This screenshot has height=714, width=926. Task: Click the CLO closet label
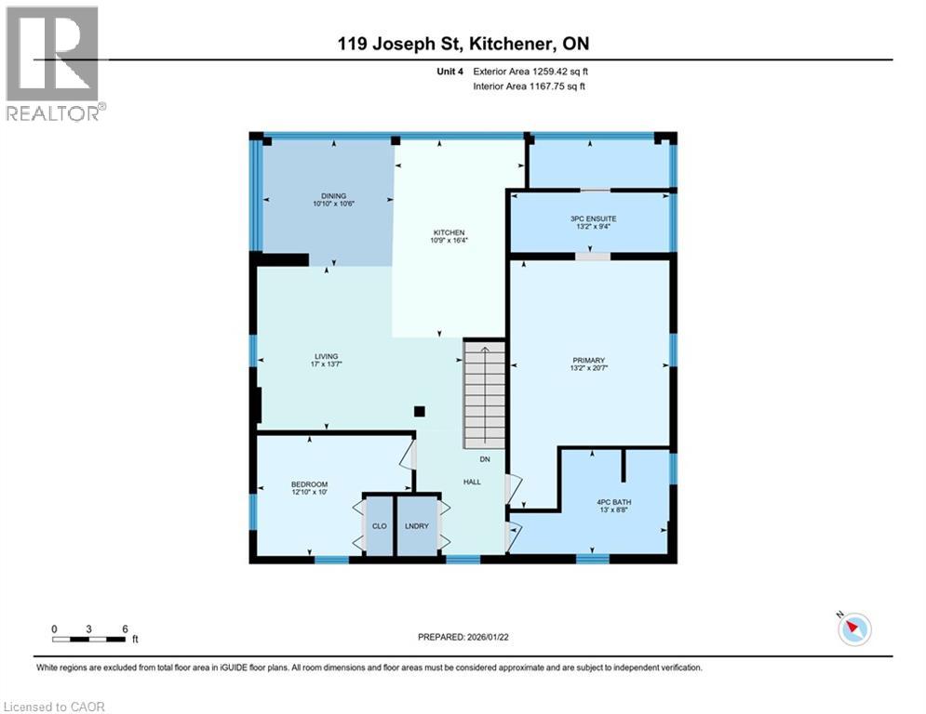379,526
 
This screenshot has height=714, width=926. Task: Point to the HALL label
473,481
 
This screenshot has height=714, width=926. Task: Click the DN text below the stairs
485,459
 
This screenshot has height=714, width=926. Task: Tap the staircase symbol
484,394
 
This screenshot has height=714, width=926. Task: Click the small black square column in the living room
420,411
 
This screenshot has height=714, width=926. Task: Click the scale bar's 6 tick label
124,628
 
